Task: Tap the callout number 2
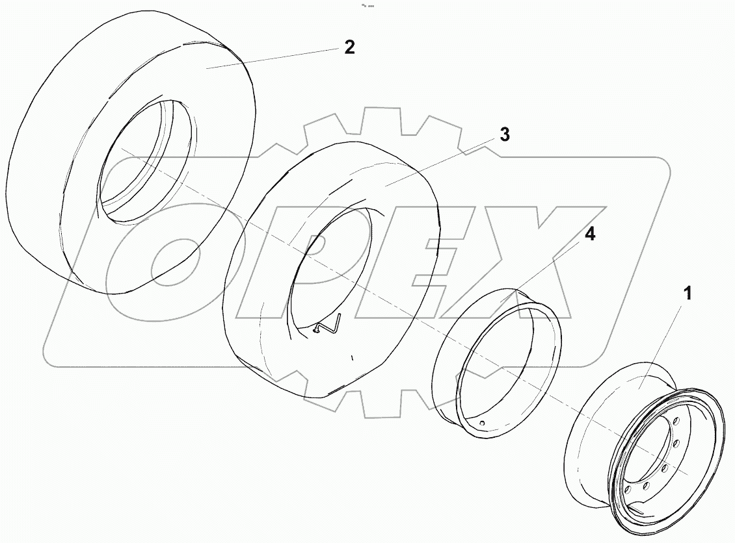(349, 47)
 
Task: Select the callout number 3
(505, 135)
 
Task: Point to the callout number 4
(589, 234)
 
